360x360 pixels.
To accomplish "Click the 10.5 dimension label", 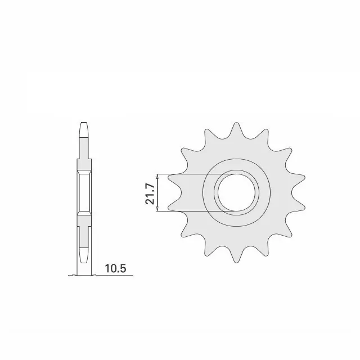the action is click(x=115, y=268).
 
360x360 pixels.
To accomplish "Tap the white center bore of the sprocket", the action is click(x=236, y=192).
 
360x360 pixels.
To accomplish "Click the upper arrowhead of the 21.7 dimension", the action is click(x=157, y=176).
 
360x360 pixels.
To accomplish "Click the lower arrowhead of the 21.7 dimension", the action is click(x=157, y=209).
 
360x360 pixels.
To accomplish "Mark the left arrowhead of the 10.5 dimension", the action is click(x=74, y=275).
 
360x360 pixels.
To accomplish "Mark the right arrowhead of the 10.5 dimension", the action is click(x=94, y=275).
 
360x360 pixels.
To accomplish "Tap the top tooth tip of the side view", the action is click(x=84, y=123).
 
